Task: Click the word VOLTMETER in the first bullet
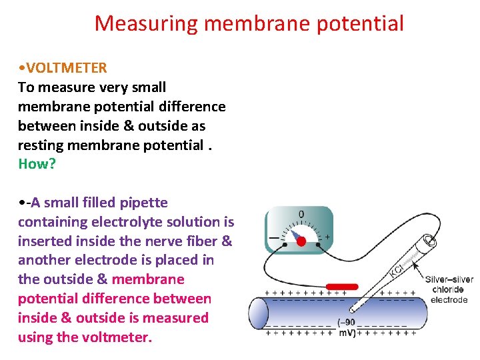tap(66, 68)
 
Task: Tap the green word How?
tap(37, 164)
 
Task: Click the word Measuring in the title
tap(147, 24)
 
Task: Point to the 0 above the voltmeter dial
tap(301, 215)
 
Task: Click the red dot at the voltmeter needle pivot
tap(301, 241)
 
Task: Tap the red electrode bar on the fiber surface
tap(341, 287)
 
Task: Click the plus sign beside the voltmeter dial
tap(327, 237)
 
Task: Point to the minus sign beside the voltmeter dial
tap(274, 237)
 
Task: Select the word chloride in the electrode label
tap(448, 290)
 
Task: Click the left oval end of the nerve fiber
tap(258, 313)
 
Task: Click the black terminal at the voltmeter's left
tap(285, 245)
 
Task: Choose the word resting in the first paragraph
tap(39, 145)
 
